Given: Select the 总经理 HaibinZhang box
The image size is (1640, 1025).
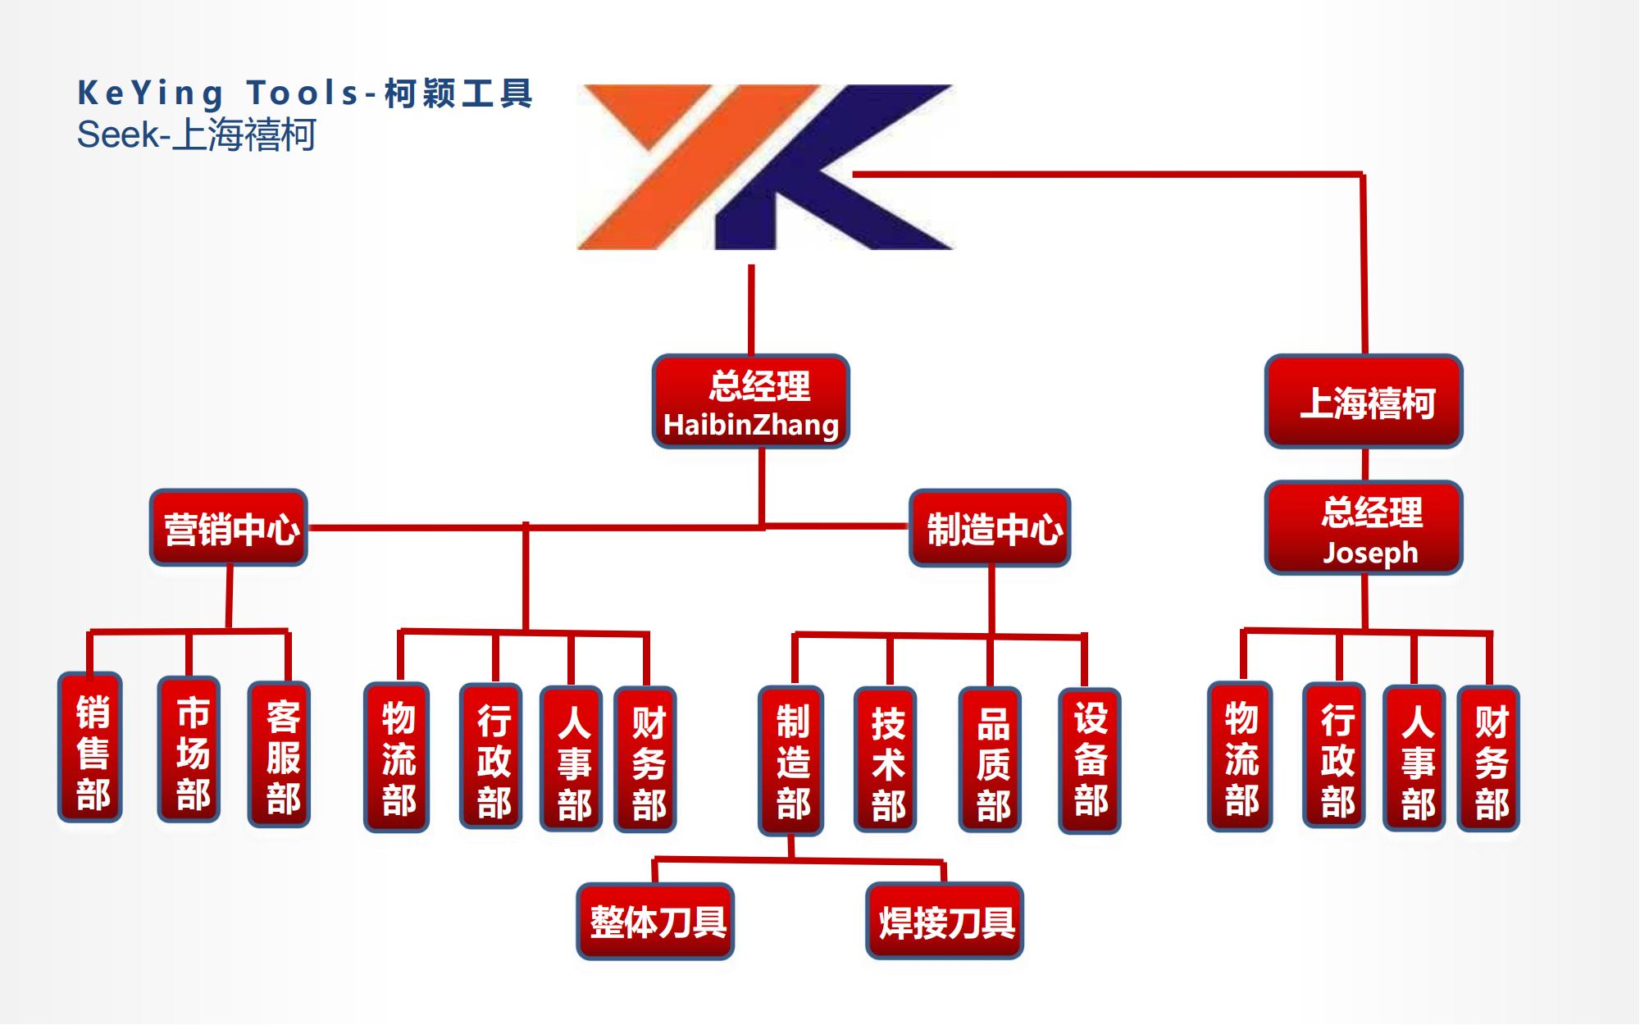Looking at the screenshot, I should pos(750,402).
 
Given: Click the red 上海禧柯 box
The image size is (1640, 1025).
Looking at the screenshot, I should pos(1364,402).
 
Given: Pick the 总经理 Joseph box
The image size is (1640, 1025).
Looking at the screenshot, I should pos(1364,528).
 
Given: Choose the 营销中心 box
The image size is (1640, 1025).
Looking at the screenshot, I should pos(229,528).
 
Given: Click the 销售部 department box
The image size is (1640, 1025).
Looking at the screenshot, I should pos(90,748).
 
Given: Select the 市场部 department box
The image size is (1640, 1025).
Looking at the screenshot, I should pos(189,749).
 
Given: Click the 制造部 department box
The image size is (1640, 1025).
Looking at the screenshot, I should pos(791,760).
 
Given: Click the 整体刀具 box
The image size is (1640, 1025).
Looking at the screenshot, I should pos(655,921).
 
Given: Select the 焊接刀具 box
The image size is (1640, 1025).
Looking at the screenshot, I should pos(945,921).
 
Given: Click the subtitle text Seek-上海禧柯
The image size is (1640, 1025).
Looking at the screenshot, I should pos(196,134).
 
